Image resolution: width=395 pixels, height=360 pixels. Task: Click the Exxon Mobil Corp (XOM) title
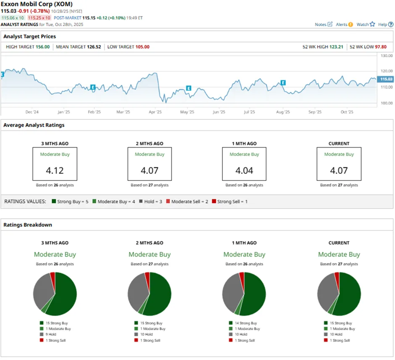[37, 4]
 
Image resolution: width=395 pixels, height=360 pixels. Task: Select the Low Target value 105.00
[142, 47]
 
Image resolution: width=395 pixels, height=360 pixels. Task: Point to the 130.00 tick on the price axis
[386, 56]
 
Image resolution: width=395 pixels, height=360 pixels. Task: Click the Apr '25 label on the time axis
[155, 112]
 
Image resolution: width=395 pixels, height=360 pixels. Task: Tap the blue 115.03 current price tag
[386, 79]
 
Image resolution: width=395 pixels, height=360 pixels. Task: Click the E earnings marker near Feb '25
[93, 87]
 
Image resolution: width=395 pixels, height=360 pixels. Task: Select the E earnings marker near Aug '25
[283, 82]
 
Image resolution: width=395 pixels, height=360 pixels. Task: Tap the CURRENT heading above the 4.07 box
[339, 143]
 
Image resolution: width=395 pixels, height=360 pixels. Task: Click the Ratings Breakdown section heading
[28, 225]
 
